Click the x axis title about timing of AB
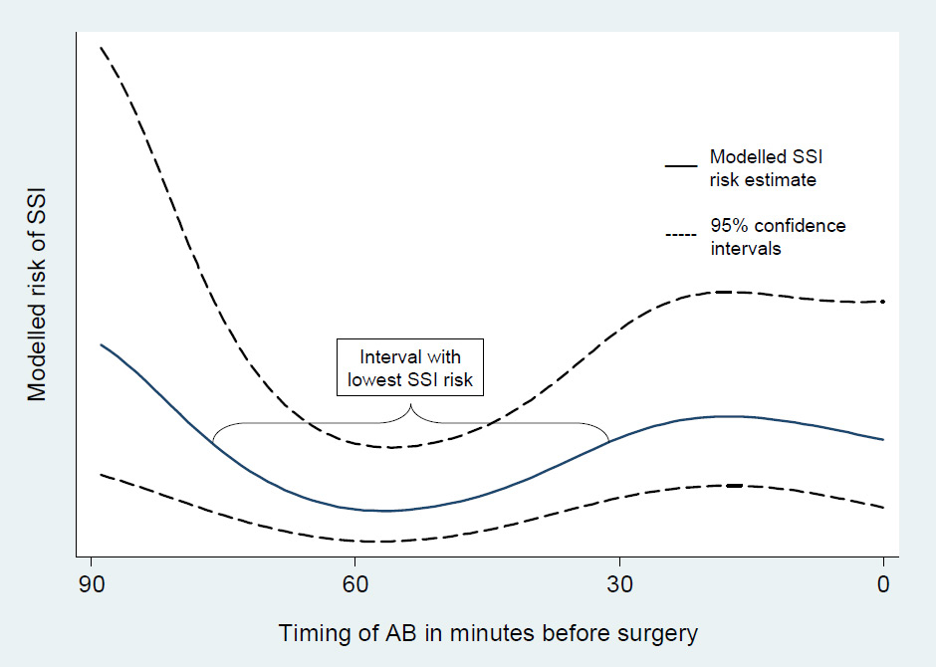tap(488, 633)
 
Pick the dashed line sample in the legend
tap(680, 235)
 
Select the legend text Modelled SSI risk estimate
tap(763, 168)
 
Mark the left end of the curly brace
tap(213, 443)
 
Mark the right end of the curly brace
tap(608, 441)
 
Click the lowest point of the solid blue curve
tap(383, 511)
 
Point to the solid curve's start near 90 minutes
tap(101, 344)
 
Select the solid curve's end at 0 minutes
tap(883, 439)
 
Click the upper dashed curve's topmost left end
tap(101, 47)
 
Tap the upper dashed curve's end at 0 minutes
tap(883, 301)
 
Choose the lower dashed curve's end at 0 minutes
tap(883, 508)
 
